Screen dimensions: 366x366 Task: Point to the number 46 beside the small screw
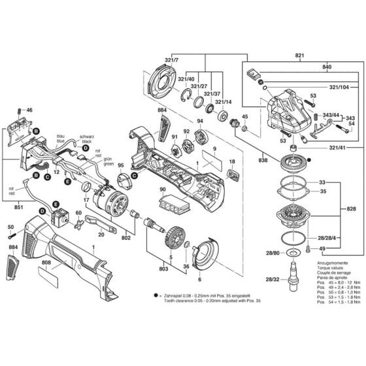[x=29, y=110]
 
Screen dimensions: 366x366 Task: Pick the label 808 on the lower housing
[x=46, y=265]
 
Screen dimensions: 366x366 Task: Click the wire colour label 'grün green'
[x=108, y=161]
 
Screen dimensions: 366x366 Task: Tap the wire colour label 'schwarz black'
[x=87, y=139]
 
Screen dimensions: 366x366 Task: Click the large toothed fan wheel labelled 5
[x=172, y=233]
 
